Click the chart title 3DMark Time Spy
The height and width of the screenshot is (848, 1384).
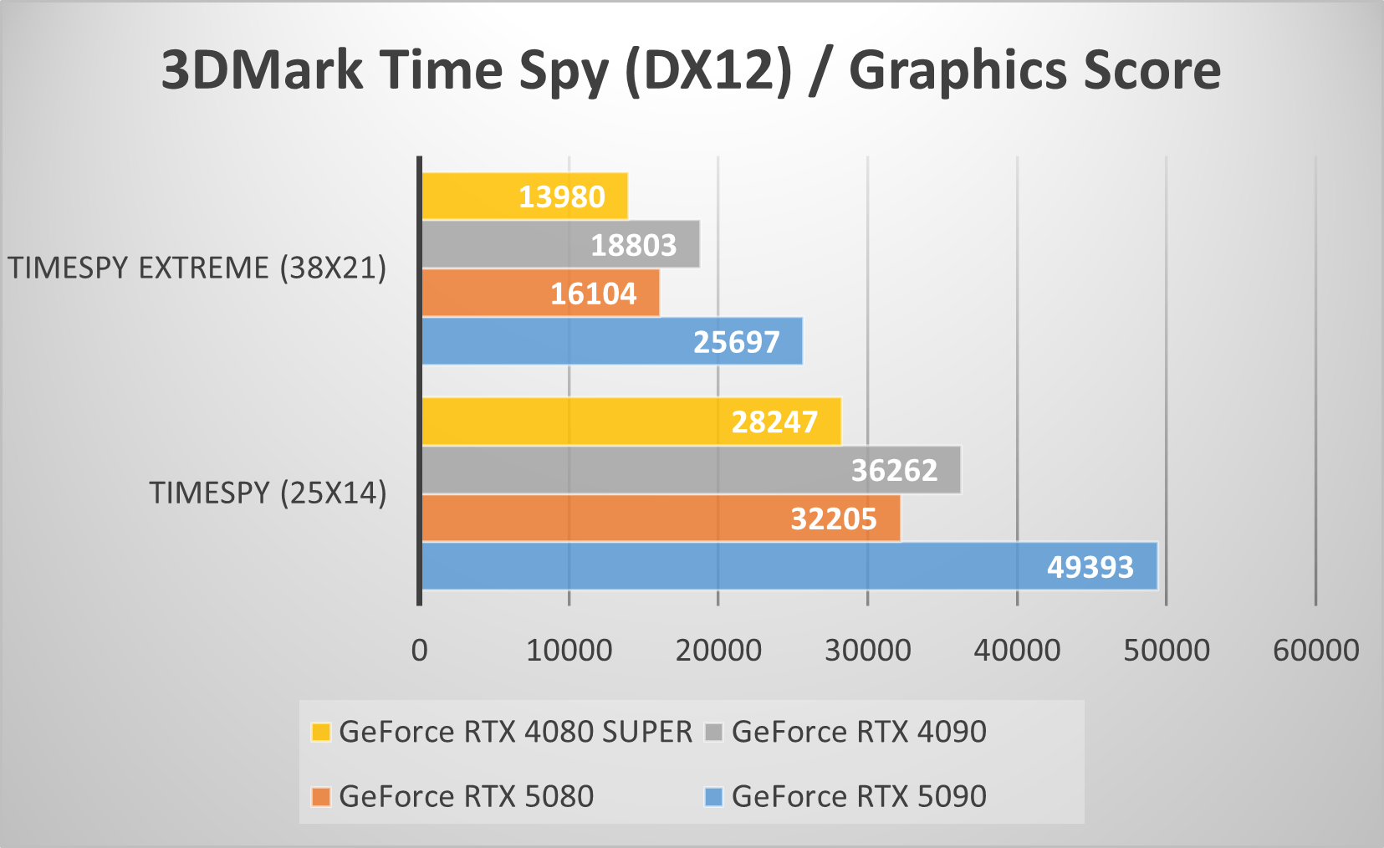click(x=691, y=70)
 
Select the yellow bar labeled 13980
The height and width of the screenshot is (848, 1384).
click(x=523, y=197)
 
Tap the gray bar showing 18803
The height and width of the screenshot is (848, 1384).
click(x=559, y=245)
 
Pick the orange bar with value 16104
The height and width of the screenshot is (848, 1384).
click(x=539, y=294)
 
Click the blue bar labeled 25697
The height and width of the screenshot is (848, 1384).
click(x=611, y=341)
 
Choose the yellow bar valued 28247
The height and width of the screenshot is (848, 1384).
click(x=631, y=421)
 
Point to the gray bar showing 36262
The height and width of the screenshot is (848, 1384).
click(x=690, y=470)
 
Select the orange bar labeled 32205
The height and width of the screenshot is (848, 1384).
click(x=660, y=519)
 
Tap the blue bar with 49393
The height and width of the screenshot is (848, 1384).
click(x=789, y=567)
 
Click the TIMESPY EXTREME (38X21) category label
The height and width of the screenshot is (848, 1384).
click(x=197, y=268)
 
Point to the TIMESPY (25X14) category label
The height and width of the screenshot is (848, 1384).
click(x=268, y=493)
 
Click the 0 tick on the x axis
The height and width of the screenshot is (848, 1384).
click(x=420, y=651)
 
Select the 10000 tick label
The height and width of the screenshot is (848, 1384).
click(x=569, y=651)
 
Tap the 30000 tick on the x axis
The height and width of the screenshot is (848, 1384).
click(x=868, y=651)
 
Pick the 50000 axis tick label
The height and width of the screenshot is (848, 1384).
click(x=1167, y=651)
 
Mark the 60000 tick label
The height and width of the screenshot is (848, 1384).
click(x=1315, y=651)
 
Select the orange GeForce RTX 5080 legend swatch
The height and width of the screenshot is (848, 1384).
click(x=320, y=797)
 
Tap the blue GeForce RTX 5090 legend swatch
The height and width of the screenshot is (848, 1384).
click(x=713, y=797)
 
